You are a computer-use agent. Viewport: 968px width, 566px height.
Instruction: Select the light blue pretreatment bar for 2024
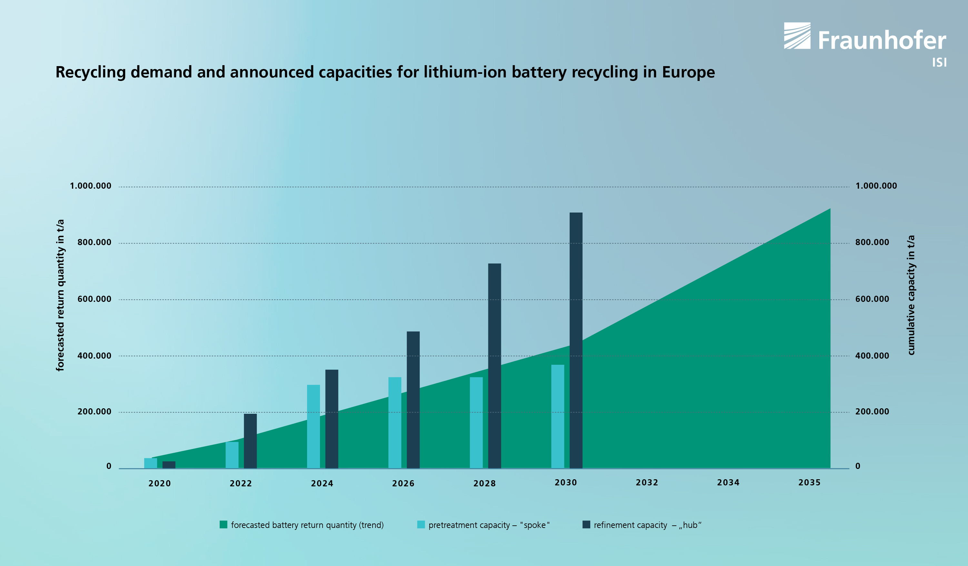click(314, 426)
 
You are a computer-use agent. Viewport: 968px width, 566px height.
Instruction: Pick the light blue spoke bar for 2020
click(151, 463)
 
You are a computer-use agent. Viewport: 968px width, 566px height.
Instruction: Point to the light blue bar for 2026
click(394, 422)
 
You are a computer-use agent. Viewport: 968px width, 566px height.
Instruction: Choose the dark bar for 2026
click(413, 399)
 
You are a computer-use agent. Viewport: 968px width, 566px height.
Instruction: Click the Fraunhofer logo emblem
click(797, 36)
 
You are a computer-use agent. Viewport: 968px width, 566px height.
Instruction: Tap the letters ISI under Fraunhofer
click(939, 63)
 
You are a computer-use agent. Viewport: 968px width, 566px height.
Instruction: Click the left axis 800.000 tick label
click(94, 242)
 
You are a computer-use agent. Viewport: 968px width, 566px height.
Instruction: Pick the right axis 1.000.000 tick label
click(876, 186)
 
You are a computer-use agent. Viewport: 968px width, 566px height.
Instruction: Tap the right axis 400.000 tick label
click(872, 356)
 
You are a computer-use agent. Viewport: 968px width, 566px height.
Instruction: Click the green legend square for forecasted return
click(223, 524)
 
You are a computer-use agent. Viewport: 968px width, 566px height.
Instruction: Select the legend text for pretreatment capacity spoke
click(489, 525)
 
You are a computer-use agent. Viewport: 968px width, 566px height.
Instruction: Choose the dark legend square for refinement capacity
click(586, 524)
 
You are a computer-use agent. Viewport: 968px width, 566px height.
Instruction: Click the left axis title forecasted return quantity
click(60, 295)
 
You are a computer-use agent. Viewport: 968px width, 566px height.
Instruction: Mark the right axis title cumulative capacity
click(911, 295)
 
